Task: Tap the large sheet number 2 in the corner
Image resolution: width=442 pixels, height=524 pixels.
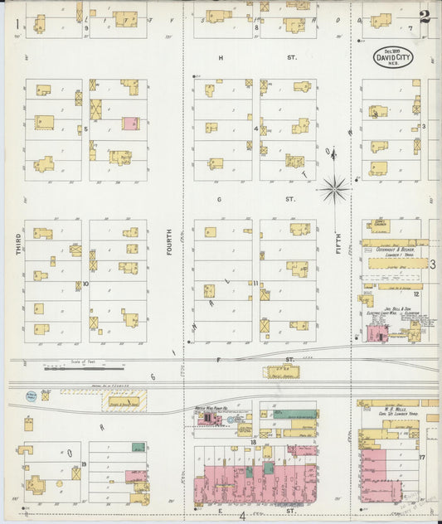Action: click(x=424, y=17)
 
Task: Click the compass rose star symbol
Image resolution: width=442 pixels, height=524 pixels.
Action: click(x=335, y=190)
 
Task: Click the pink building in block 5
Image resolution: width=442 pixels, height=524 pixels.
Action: click(x=130, y=123)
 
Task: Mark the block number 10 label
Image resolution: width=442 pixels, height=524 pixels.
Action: click(x=85, y=284)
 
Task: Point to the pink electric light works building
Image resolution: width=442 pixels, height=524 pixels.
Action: click(x=376, y=333)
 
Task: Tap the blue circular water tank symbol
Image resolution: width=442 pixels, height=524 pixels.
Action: click(x=31, y=396)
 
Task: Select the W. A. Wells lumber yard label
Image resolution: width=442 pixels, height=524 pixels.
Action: click(x=392, y=410)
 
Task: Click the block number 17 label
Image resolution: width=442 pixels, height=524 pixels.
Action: click(x=421, y=457)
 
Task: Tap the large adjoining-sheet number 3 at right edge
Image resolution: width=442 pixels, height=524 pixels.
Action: click(x=433, y=264)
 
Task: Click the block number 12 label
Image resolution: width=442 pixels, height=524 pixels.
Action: click(x=417, y=294)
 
